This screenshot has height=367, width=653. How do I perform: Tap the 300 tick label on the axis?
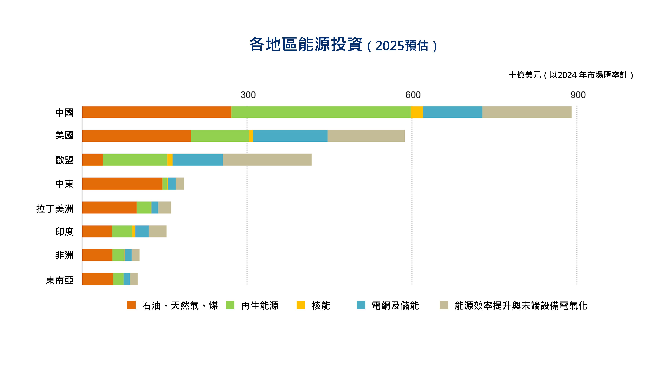pos(248,95)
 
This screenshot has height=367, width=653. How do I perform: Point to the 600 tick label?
pos(413,95)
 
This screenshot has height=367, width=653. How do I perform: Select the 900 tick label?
pos(578,95)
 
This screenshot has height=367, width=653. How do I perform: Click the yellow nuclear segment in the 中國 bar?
pos(417,112)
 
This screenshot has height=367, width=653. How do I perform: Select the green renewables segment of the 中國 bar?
pos(321,112)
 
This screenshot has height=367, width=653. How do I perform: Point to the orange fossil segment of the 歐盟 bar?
pos(92,160)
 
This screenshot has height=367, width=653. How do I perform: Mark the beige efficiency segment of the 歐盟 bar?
pos(267,160)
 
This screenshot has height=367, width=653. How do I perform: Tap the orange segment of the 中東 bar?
pos(122,184)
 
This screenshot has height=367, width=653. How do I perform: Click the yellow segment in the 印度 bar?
pos(134,231)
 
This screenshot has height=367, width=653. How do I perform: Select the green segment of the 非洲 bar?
pos(118,255)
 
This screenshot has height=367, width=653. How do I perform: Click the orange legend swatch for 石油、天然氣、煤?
pos(131,305)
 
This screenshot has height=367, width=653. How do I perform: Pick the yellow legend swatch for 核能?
pos(301,305)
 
